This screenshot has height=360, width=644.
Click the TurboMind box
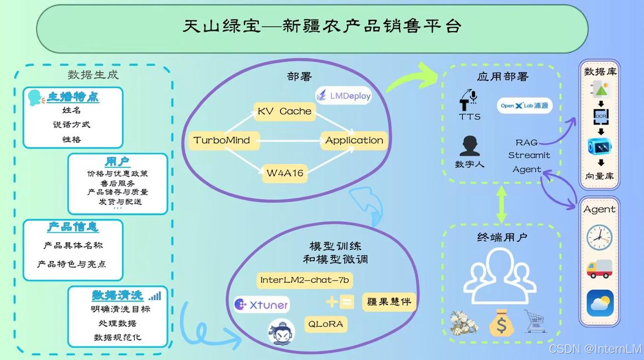click(x=222, y=140)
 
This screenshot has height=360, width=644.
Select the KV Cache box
click(x=285, y=111)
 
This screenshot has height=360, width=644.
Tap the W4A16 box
click(x=285, y=173)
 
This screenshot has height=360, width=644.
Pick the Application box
click(x=354, y=140)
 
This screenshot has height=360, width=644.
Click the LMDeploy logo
click(x=344, y=95)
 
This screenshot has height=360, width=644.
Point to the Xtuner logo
click(x=261, y=305)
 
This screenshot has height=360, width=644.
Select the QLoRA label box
click(x=326, y=324)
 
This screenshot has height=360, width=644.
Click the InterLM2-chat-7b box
click(x=304, y=280)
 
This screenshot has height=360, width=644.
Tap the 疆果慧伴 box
click(x=389, y=302)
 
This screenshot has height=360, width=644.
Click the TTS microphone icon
click(x=469, y=100)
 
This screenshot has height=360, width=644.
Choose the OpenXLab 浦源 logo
click(x=523, y=106)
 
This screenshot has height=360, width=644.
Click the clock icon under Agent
click(x=600, y=237)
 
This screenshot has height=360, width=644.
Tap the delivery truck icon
click(x=600, y=269)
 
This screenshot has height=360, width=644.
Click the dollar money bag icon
click(x=501, y=323)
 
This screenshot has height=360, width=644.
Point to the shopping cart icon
click(x=535, y=321)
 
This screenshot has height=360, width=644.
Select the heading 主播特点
click(x=73, y=97)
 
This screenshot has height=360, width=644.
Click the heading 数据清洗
click(x=117, y=295)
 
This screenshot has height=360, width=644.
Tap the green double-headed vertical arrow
click(x=501, y=204)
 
